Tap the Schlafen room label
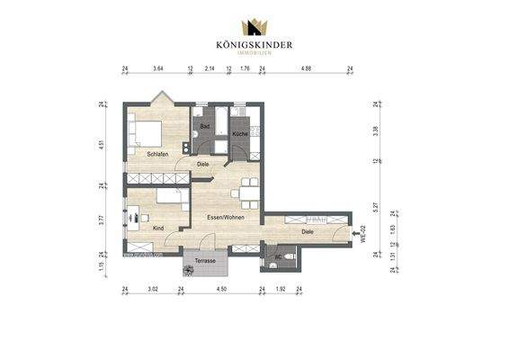(x=158, y=153)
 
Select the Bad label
(x=204, y=126)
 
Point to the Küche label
(x=240, y=134)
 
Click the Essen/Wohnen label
(x=225, y=218)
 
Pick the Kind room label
(x=158, y=229)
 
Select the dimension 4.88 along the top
(x=306, y=68)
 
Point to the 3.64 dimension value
(x=158, y=68)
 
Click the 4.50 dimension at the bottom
(x=221, y=290)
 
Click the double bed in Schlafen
(x=146, y=133)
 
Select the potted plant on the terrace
(x=190, y=267)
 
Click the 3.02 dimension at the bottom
(x=154, y=290)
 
